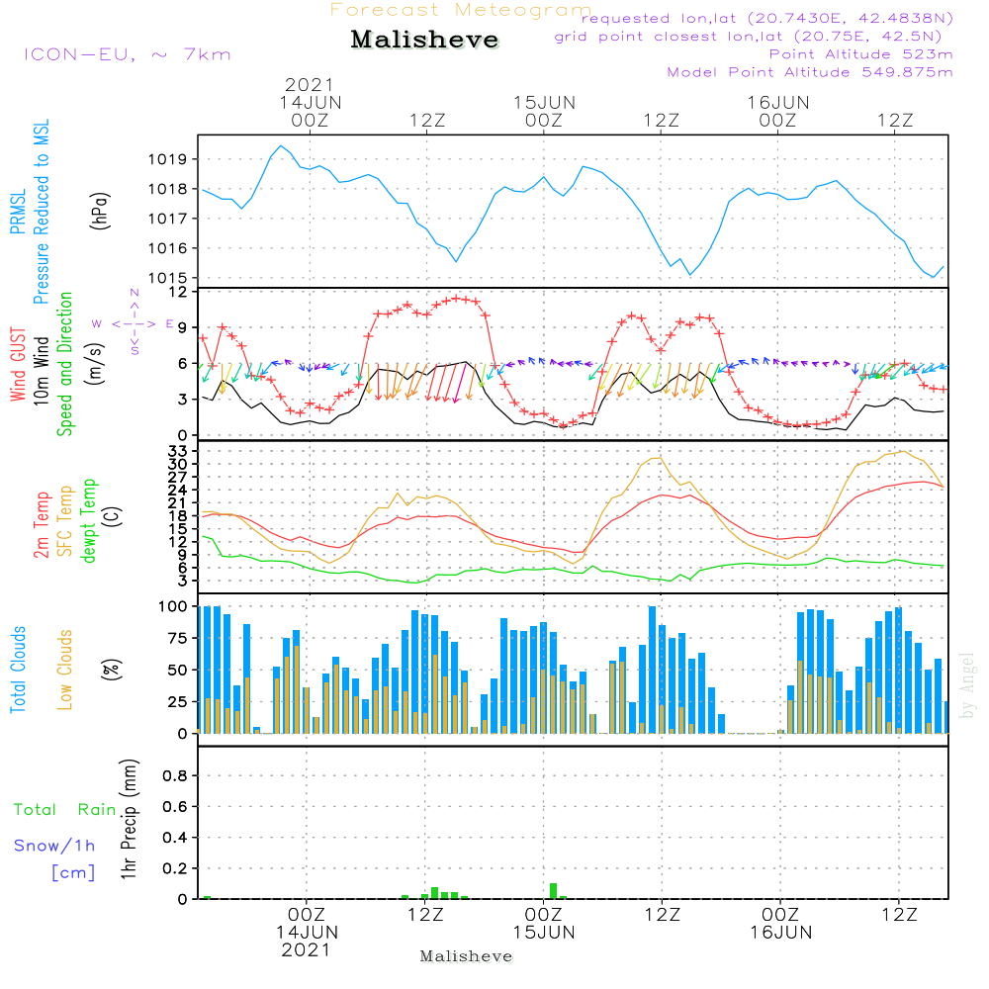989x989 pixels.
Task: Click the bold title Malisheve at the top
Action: (x=425, y=41)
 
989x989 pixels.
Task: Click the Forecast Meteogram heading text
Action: (x=461, y=10)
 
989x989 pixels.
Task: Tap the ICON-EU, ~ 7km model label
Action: (x=127, y=53)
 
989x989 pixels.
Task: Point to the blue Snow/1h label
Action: (x=54, y=846)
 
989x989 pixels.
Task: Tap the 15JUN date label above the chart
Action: (x=543, y=102)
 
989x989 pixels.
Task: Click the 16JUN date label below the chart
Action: (x=780, y=933)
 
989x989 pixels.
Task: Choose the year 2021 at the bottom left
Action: (x=307, y=949)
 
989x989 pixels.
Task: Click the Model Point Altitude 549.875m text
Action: (x=810, y=72)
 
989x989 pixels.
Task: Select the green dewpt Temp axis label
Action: (x=89, y=522)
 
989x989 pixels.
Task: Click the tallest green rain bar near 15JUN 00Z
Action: (x=553, y=890)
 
